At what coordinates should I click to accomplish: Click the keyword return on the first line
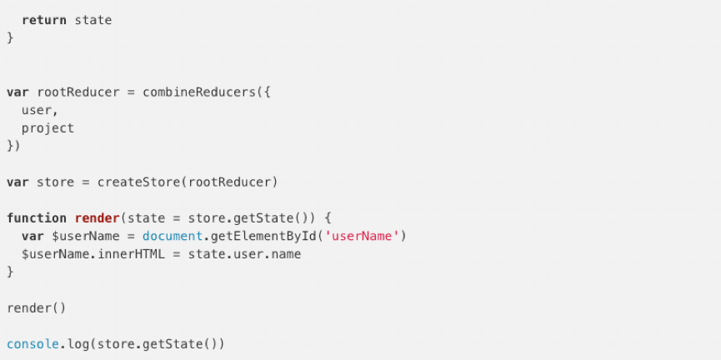43,20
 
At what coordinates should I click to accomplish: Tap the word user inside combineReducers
38,110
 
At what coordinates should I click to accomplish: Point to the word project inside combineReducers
48,128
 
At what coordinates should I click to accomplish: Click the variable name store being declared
56,182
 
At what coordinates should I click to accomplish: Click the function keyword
37,218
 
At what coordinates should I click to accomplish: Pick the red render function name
97,218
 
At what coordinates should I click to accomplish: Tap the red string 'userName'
363,237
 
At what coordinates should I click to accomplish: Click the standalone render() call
37,308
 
